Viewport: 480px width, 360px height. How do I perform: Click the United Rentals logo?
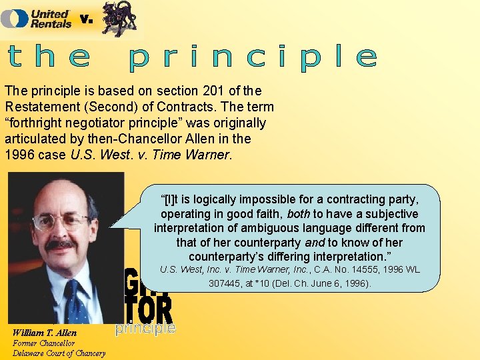pyautogui.click(x=36, y=18)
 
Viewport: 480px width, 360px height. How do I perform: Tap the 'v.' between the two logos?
pyautogui.click(x=86, y=19)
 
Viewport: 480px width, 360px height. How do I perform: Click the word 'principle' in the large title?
pyautogui.click(x=253, y=57)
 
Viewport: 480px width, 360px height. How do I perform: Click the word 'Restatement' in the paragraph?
pyautogui.click(x=40, y=107)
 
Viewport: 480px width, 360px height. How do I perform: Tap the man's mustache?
pyautogui.click(x=61, y=245)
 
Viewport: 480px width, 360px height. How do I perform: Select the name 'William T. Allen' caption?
pyautogui.click(x=45, y=333)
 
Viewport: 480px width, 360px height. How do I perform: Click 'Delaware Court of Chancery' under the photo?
pyautogui.click(x=59, y=353)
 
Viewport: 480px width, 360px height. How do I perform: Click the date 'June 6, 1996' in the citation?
pyautogui.click(x=341, y=283)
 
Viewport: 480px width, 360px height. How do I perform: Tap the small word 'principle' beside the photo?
pyautogui.click(x=145, y=328)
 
